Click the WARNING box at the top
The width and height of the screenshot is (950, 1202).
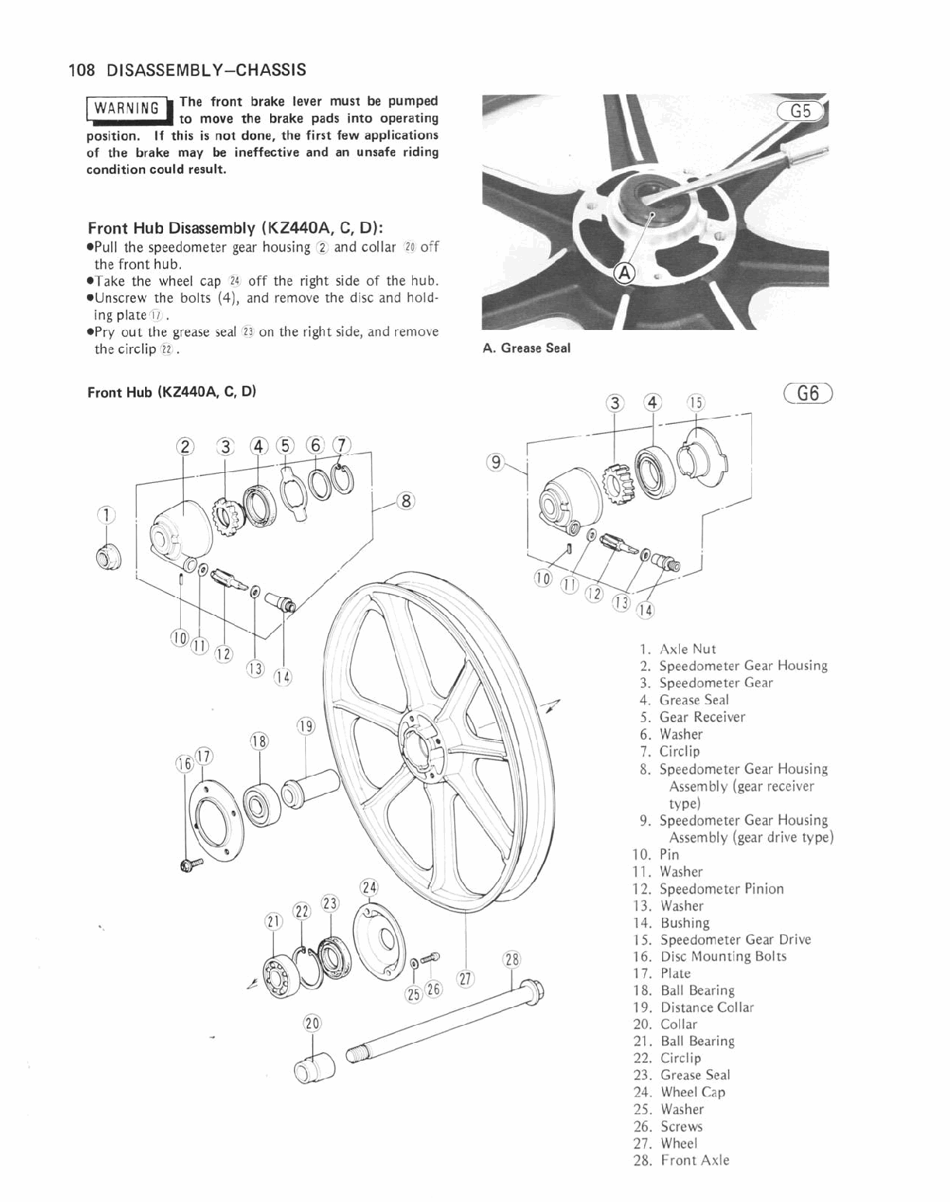click(x=128, y=109)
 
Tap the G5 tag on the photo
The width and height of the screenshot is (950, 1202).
click(x=800, y=111)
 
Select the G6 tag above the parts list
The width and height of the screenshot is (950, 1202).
click(x=807, y=393)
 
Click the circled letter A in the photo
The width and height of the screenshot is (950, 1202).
click(x=624, y=271)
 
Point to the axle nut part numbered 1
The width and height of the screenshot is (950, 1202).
click(x=104, y=555)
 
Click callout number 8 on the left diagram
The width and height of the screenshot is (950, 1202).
click(x=404, y=501)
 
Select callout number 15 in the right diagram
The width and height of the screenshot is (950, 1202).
click(x=695, y=402)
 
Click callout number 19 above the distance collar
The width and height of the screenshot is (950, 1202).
click(x=306, y=727)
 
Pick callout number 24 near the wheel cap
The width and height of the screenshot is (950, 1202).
click(x=369, y=888)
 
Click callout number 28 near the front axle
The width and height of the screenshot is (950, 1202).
click(x=511, y=959)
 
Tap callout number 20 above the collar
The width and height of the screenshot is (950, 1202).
click(x=312, y=1023)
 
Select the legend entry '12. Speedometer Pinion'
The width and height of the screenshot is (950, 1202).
click(x=709, y=888)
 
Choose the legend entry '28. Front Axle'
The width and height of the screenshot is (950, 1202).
click(x=682, y=1160)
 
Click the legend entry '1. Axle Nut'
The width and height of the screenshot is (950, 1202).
click(x=678, y=649)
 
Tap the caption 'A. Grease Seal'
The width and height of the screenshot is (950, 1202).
click(x=526, y=349)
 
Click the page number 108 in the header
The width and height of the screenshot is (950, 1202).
click(x=81, y=71)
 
